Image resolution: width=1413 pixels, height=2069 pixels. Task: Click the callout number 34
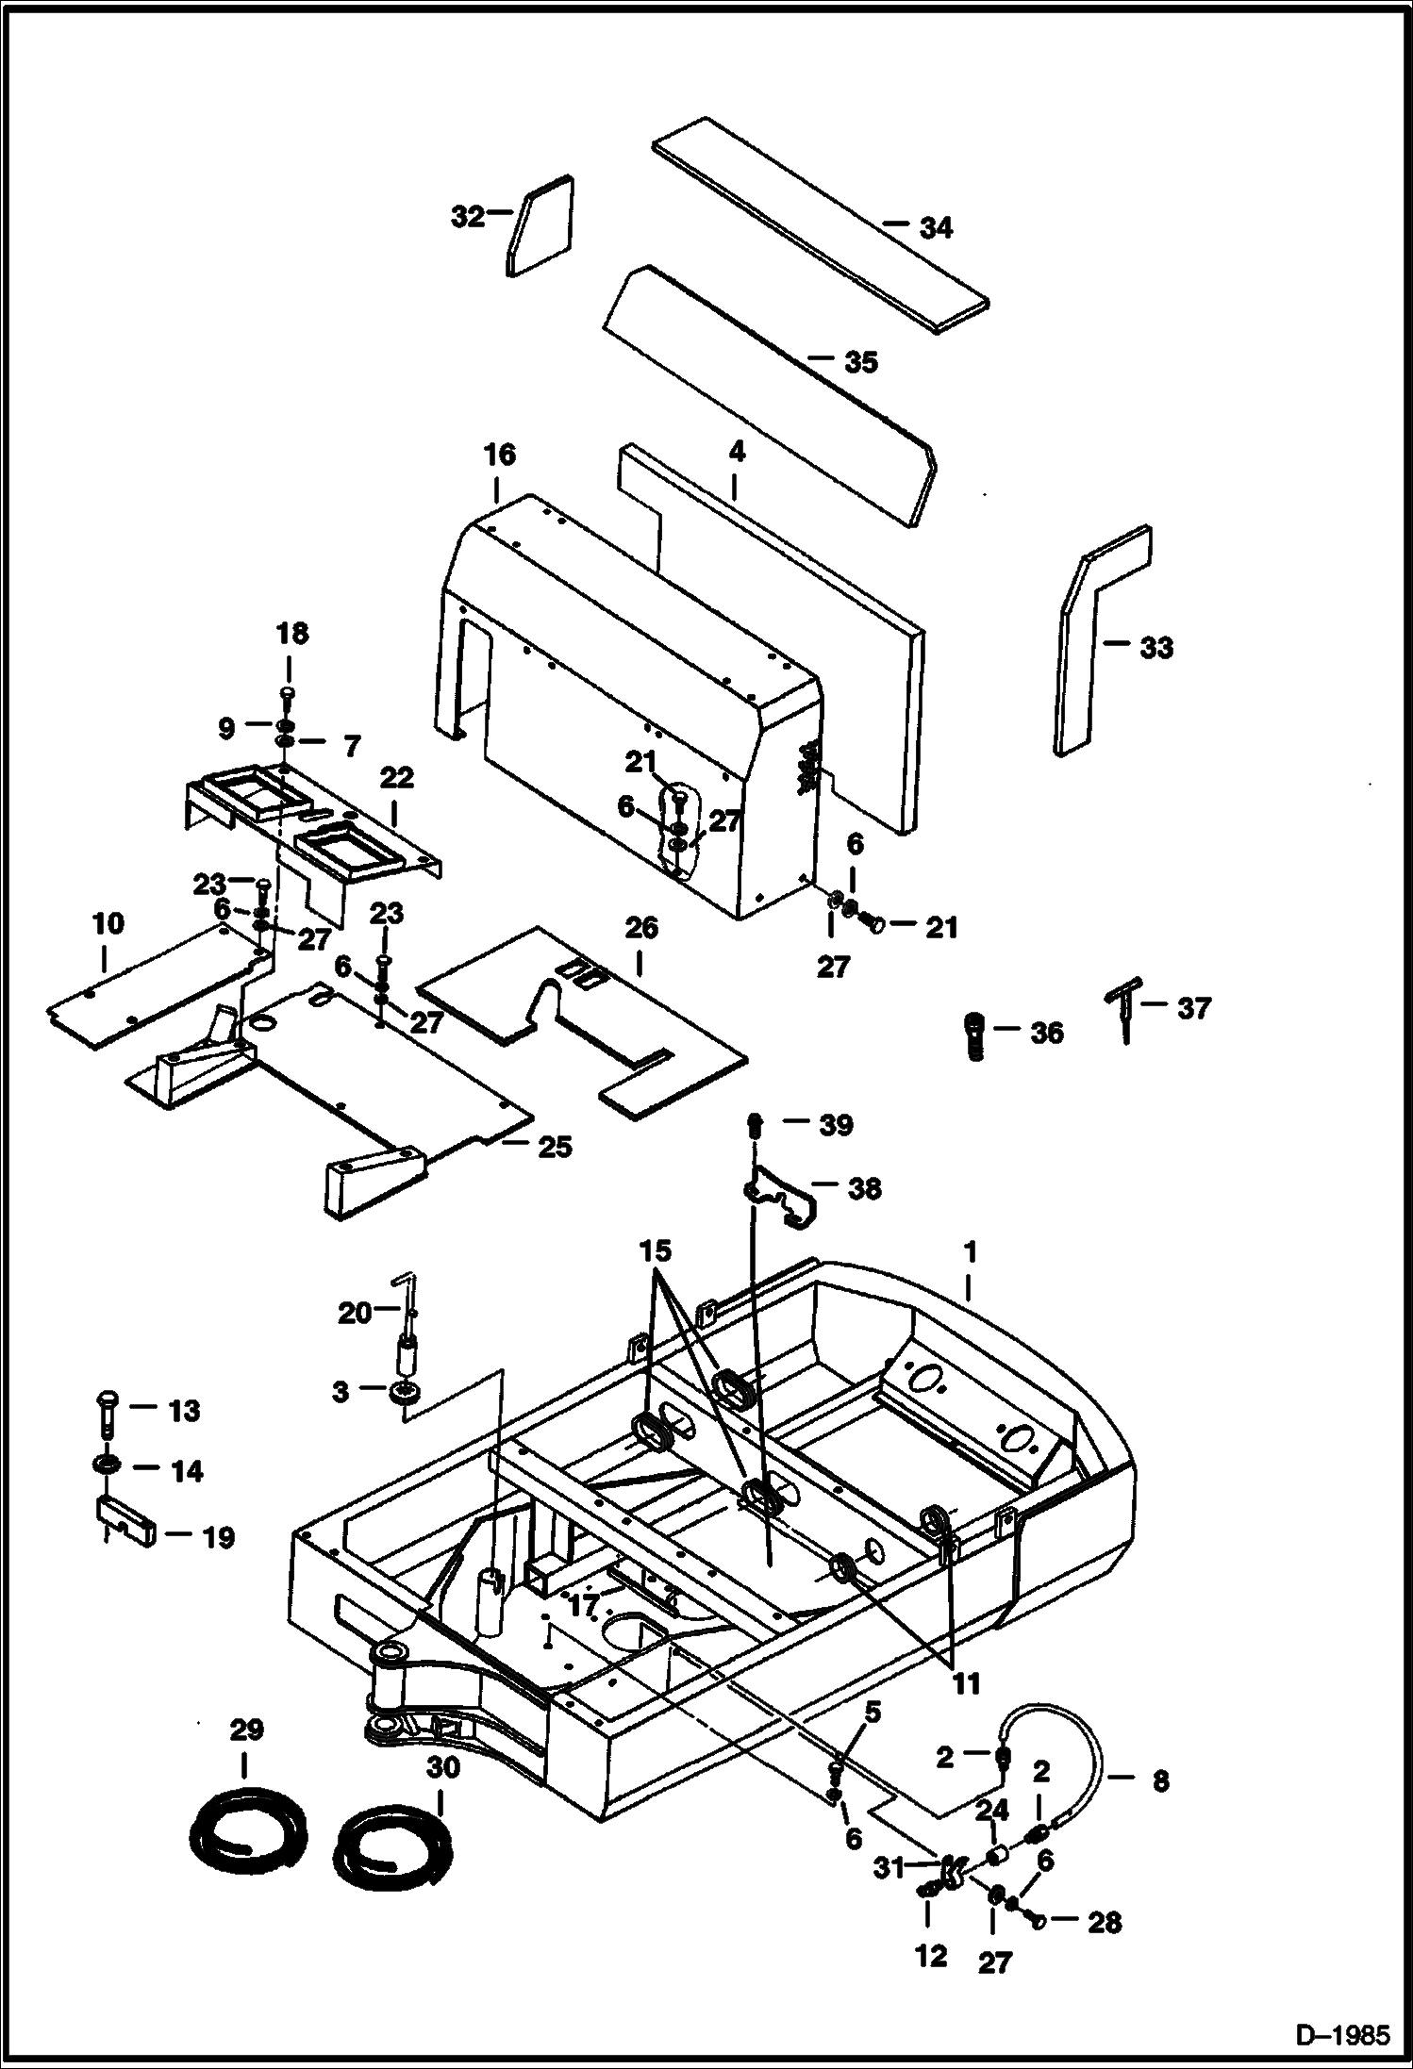pos(936,227)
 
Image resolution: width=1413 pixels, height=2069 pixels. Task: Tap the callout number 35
pos(860,362)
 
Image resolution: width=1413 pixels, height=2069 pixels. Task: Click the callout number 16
pos(500,455)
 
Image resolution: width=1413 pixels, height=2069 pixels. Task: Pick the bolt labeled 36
pos(975,1035)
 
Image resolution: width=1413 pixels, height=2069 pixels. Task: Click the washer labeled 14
pos(106,1467)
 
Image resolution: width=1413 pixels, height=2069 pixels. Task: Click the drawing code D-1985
pos(1342,2035)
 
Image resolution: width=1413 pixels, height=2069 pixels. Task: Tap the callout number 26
pos(641,928)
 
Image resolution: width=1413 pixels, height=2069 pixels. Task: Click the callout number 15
pos(656,1251)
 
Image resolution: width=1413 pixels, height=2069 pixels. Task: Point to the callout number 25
pos(555,1147)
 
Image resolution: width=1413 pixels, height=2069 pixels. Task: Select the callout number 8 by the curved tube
pos(1160,1780)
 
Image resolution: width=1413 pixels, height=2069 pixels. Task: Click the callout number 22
pos(397,778)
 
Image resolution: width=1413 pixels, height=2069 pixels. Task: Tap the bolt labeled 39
pos(756,1124)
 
